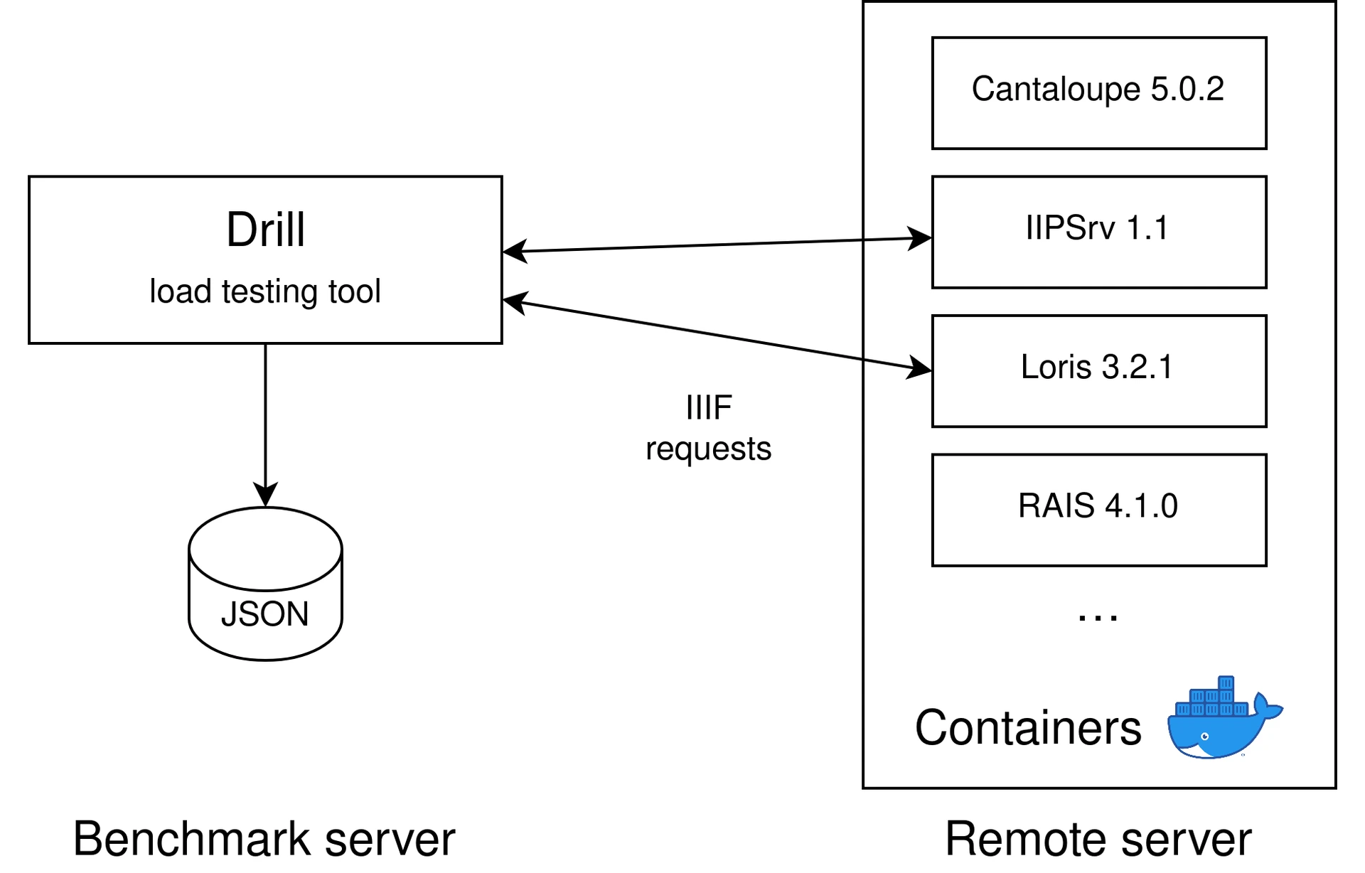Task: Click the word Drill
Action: tap(265, 230)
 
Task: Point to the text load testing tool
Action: tap(265, 291)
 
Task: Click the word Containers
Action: tap(1028, 728)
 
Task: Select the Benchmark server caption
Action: tap(264, 839)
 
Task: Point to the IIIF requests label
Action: tap(708, 428)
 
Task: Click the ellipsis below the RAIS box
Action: tap(1098, 618)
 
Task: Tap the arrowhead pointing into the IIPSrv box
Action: tap(920, 238)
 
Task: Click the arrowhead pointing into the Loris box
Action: tap(920, 368)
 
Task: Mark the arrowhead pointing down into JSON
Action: tap(265, 495)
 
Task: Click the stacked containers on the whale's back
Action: tap(1213, 698)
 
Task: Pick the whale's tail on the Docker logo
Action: tap(1267, 707)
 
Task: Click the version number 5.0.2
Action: tap(1187, 90)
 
